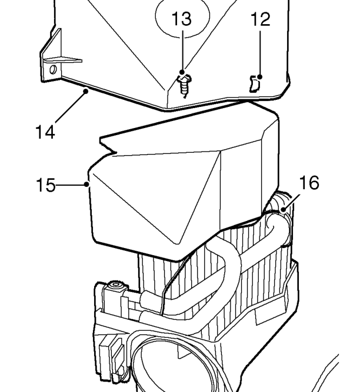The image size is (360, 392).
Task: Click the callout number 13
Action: pyautogui.click(x=182, y=19)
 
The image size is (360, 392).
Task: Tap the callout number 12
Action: pyautogui.click(x=261, y=19)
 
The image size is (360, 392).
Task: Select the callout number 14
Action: pyautogui.click(x=45, y=132)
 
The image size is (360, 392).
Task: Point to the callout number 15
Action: pyautogui.click(x=45, y=185)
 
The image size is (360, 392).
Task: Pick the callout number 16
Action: pyautogui.click(x=309, y=183)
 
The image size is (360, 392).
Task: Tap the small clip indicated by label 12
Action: pyautogui.click(x=255, y=84)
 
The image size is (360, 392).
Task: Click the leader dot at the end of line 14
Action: pyautogui.click(x=86, y=91)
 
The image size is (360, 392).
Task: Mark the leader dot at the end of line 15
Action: pyautogui.click(x=86, y=185)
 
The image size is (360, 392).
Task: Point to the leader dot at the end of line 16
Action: pyautogui.click(x=283, y=209)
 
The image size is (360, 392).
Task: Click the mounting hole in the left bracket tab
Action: pyautogui.click(x=53, y=69)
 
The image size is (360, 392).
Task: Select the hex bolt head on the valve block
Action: pyautogui.click(x=115, y=284)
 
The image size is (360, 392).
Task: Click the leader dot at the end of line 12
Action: pyautogui.click(x=260, y=77)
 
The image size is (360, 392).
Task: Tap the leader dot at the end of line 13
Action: pyautogui.click(x=182, y=72)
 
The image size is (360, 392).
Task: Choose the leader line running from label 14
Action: pyautogui.click(x=71, y=107)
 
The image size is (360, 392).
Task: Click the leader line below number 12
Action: pyautogui.click(x=260, y=53)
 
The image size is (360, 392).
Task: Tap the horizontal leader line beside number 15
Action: pyautogui.click(x=71, y=185)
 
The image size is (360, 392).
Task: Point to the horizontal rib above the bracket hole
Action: pyautogui.click(x=63, y=60)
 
